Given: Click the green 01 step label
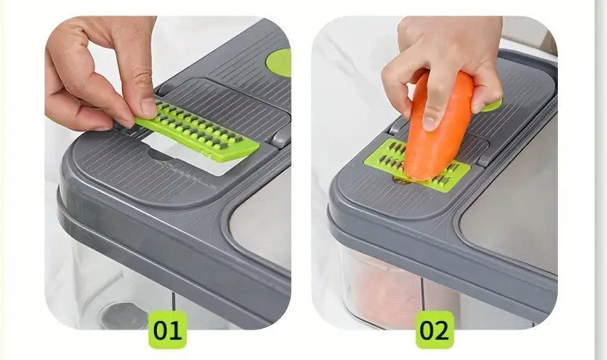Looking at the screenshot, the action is (167, 330).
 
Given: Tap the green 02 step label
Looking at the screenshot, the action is (434, 330).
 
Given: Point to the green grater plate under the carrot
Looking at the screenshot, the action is (417, 166).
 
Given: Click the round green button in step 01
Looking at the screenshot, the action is (280, 62).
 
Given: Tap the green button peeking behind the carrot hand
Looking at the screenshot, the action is (491, 105).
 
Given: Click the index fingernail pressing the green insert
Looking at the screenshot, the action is (148, 107).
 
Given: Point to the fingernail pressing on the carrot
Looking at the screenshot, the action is (430, 123).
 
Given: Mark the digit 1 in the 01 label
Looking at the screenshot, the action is (176, 330).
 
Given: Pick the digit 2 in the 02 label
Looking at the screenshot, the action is (443, 330).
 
